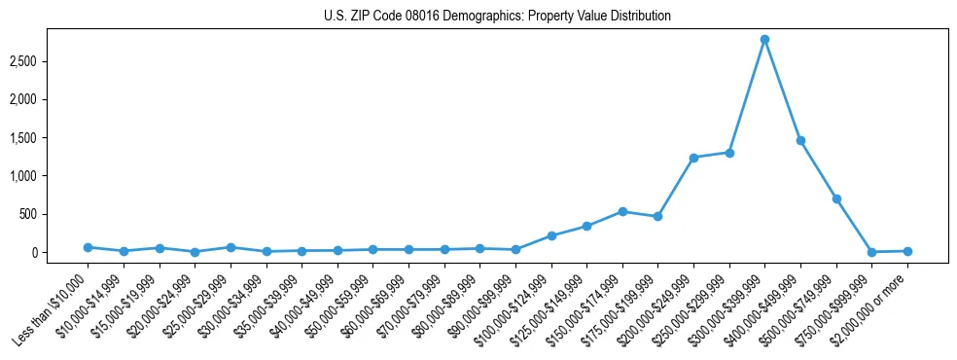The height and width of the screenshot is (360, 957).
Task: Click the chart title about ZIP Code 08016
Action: pyautogui.click(x=497, y=17)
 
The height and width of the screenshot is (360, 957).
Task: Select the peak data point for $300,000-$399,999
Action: pyautogui.click(x=764, y=40)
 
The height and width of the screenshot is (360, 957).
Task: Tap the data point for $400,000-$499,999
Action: pyautogui.click(x=800, y=141)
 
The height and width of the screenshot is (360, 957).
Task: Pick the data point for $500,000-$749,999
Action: pyautogui.click(x=836, y=198)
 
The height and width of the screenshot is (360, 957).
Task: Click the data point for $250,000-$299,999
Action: pyautogui.click(x=729, y=153)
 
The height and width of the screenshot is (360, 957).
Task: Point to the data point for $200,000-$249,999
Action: pyautogui.click(x=693, y=158)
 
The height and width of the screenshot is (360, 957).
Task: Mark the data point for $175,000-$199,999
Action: pyautogui.click(x=658, y=216)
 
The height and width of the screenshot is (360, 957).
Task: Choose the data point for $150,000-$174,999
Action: pyautogui.click(x=622, y=211)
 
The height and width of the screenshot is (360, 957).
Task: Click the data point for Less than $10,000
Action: pyautogui.click(x=88, y=247)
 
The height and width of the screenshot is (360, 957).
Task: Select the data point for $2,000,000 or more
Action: pyautogui.click(x=907, y=251)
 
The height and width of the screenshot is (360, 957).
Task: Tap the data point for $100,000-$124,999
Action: pyautogui.click(x=551, y=235)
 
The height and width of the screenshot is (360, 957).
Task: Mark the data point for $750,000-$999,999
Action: pyautogui.click(x=871, y=252)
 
